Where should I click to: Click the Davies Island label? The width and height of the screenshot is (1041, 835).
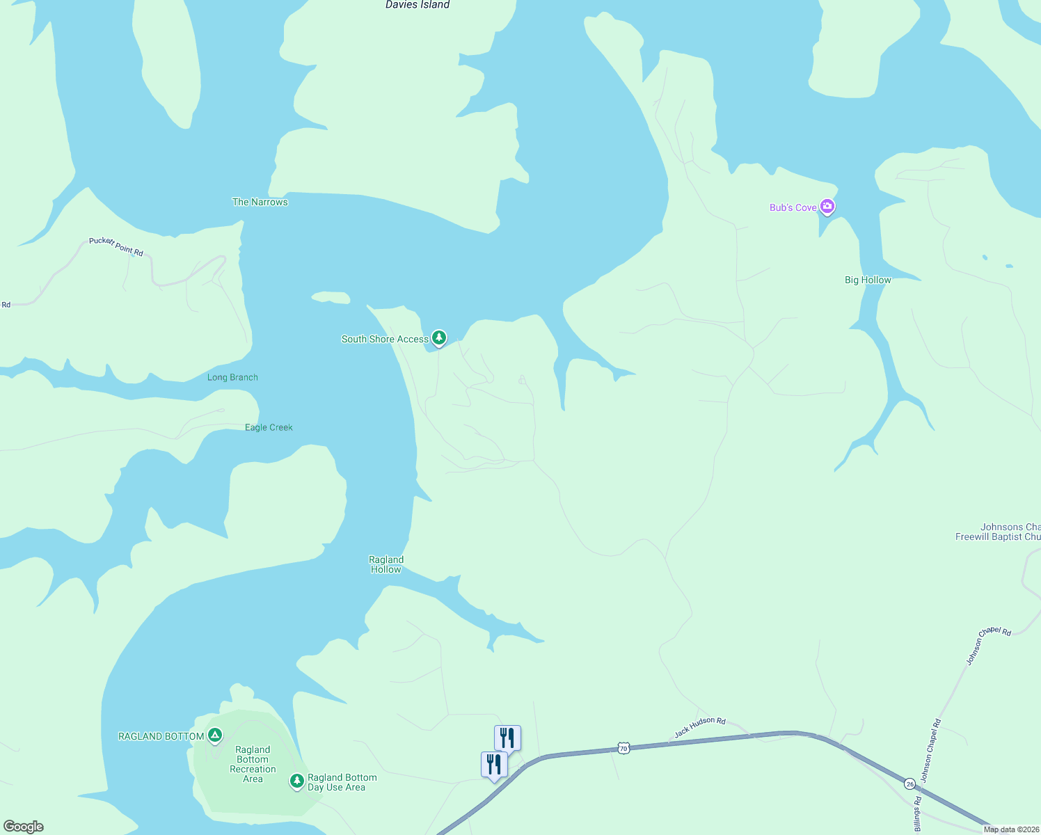pyautogui.click(x=418, y=5)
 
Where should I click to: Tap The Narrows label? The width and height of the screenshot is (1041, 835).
pyautogui.click(x=260, y=202)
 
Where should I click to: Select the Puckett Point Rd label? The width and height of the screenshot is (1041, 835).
pyautogui.click(x=116, y=246)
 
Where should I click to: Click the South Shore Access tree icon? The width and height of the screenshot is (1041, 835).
pyautogui.click(x=439, y=338)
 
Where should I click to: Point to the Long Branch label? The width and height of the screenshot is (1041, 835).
pyautogui.click(x=232, y=377)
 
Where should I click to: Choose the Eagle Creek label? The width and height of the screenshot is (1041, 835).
pyautogui.click(x=269, y=427)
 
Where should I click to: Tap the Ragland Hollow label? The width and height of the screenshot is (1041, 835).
pyautogui.click(x=386, y=564)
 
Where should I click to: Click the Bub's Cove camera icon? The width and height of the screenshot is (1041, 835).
pyautogui.click(x=827, y=206)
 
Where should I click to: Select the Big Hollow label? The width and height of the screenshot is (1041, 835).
pyautogui.click(x=868, y=280)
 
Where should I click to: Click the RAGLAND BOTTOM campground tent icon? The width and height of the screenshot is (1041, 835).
pyautogui.click(x=216, y=735)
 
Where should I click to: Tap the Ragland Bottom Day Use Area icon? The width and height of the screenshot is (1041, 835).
pyautogui.click(x=297, y=781)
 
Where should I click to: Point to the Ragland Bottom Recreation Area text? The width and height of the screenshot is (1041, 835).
pyautogui.click(x=253, y=764)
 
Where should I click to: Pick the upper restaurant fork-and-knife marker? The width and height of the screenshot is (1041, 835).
pyautogui.click(x=507, y=737)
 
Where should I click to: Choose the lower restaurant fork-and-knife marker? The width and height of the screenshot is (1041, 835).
pyautogui.click(x=494, y=763)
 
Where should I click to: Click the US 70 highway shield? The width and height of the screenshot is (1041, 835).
pyautogui.click(x=623, y=748)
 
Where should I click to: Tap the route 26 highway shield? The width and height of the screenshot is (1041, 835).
pyautogui.click(x=910, y=784)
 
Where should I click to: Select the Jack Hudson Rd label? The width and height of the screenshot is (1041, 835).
pyautogui.click(x=700, y=727)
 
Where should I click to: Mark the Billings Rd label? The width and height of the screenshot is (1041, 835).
pyautogui.click(x=918, y=815)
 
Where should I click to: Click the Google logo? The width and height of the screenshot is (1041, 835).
pyautogui.click(x=24, y=827)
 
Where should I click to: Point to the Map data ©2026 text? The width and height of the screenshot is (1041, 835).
pyautogui.click(x=1010, y=829)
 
